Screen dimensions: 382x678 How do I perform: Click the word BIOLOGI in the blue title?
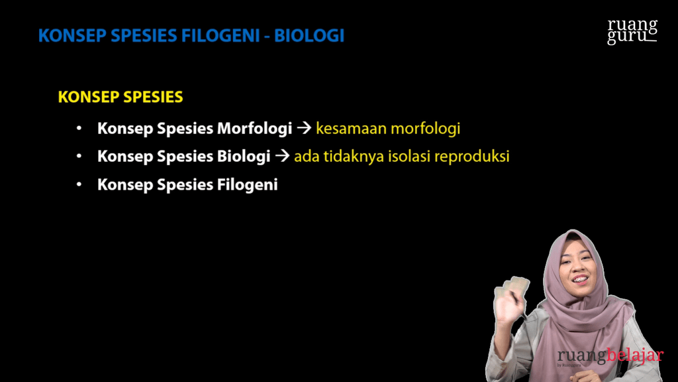309,36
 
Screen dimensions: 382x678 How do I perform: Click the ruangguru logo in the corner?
632,31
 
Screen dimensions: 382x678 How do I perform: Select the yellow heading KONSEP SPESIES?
121,97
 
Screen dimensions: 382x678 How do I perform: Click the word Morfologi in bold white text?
254,129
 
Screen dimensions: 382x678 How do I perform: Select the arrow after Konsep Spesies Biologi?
282,157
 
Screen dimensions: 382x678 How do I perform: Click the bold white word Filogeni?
247,185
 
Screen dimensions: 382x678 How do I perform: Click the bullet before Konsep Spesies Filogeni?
79,185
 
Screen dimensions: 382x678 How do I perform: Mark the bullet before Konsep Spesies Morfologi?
79,129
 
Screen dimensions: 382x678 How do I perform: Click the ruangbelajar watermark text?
609,356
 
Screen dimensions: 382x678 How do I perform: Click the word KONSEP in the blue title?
66,36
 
